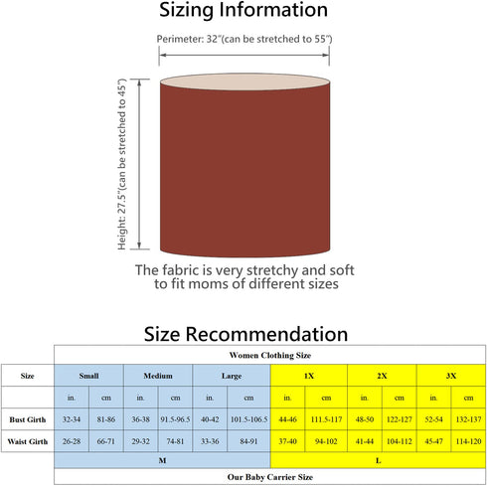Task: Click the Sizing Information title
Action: pos(243,10)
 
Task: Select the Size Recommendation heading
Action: pos(245,334)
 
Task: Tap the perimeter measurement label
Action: pos(244,39)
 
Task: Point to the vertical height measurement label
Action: pos(122,164)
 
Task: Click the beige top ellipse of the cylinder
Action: pos(244,81)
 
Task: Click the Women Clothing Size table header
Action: pos(270,356)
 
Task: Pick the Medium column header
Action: pos(158,376)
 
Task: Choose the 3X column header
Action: pos(451,376)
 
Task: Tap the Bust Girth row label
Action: pos(28,419)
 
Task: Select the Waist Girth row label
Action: pos(28,441)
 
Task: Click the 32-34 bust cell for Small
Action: pos(72,419)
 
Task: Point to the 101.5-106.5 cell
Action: pos(248,419)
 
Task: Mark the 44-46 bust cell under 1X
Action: pos(287,419)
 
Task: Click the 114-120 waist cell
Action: pos(468,441)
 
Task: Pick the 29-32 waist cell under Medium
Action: pos(140,441)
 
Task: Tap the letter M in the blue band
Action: pos(162,461)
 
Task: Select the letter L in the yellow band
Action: pos(379,461)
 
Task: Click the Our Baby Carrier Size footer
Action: pos(270,477)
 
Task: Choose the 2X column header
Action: pos(382,376)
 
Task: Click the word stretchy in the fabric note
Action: pos(272,271)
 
